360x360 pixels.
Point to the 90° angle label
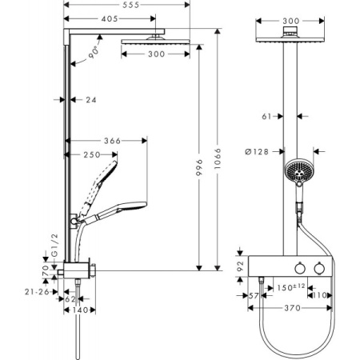point(94,52)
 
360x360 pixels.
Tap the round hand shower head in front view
point(297,171)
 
